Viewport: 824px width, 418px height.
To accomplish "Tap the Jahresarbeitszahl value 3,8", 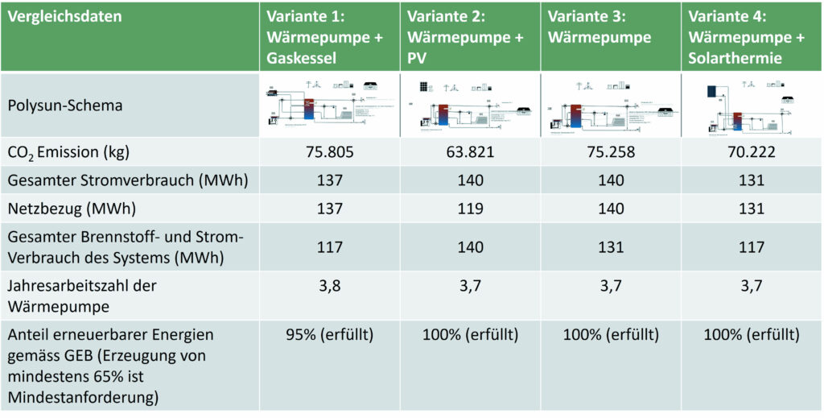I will [330, 284].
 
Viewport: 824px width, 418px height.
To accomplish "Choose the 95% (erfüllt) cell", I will [330, 334].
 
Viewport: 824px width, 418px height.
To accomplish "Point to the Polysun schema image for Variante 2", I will [470, 106].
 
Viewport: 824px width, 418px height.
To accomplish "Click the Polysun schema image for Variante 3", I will [611, 106].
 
